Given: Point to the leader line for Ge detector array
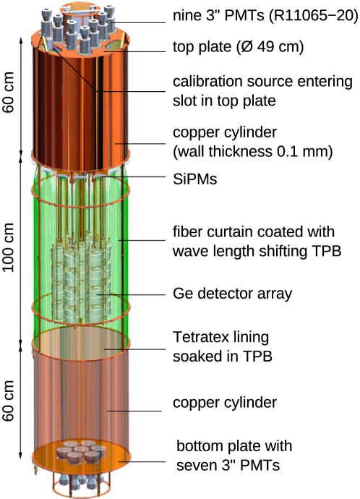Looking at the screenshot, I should point(137,294).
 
